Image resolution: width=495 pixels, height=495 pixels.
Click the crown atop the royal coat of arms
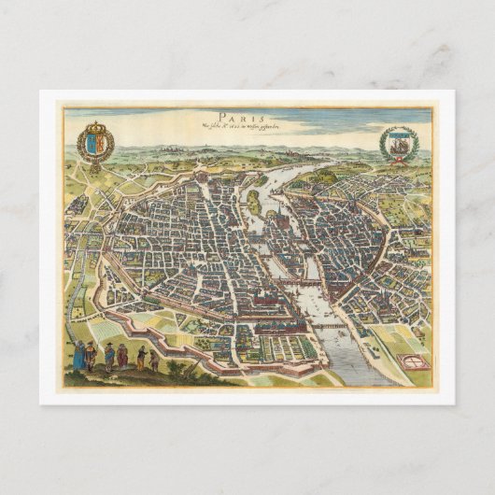[96, 125]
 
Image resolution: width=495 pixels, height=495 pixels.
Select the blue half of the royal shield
[92, 143]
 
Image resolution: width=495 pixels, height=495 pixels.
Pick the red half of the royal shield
[101, 143]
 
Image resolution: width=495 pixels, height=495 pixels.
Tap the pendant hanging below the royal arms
[96, 165]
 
